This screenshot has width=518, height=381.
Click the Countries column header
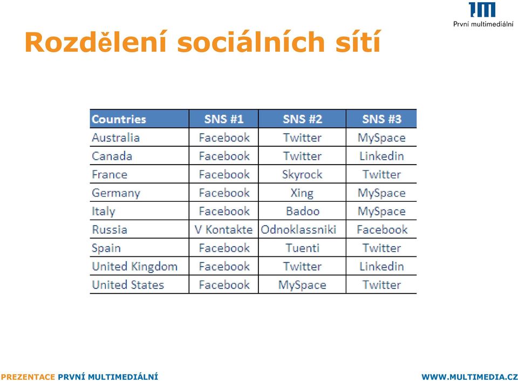pos(119,119)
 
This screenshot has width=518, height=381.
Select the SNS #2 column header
pos(302,119)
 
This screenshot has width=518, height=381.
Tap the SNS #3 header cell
pos(381,119)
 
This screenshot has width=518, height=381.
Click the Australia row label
pos(115,138)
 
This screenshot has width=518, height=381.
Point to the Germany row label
pos(116,193)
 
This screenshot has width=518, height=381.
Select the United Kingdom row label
pos(134,267)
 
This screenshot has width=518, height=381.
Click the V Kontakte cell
pos(223,230)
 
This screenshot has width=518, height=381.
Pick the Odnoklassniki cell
pos(298,230)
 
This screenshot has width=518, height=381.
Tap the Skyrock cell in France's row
pos(302,174)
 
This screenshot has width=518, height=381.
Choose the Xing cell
pos(302,193)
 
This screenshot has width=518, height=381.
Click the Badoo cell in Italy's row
pos(303,211)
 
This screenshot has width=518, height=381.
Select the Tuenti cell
pos(303,248)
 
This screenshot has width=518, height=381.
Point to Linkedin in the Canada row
pos(381,156)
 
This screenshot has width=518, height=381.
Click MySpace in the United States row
pos(302,285)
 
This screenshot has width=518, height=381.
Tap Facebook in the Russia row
pos(382,230)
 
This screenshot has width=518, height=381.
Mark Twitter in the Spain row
pos(381,248)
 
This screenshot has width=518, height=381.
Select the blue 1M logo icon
pos(482,10)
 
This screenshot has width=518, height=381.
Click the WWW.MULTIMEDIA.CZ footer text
pos(469,377)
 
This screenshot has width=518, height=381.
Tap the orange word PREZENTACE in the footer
pos(28,377)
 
